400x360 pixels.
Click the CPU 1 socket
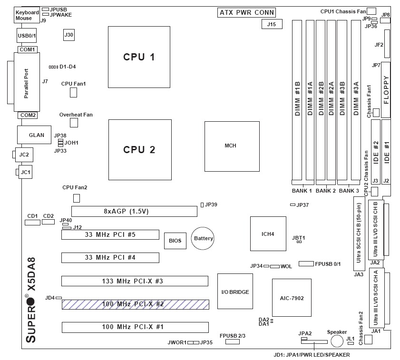[x=139, y=57]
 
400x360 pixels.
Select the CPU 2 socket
[x=139, y=149]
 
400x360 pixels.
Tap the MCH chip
[x=232, y=146]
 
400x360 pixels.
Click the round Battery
[x=203, y=238]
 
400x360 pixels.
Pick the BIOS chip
[x=175, y=241]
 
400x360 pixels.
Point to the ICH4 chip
[x=268, y=234]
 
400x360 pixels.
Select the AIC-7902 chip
[x=292, y=298]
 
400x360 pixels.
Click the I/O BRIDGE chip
[x=235, y=292]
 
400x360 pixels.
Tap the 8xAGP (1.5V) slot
[x=134, y=211]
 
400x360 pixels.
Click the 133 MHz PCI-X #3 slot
[x=135, y=281]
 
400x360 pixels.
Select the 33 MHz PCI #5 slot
[x=110, y=234]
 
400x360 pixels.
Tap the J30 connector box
[x=69, y=34]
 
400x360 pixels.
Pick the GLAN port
[x=36, y=135]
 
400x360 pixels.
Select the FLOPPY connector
[x=385, y=90]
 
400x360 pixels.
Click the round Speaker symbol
[x=337, y=341]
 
